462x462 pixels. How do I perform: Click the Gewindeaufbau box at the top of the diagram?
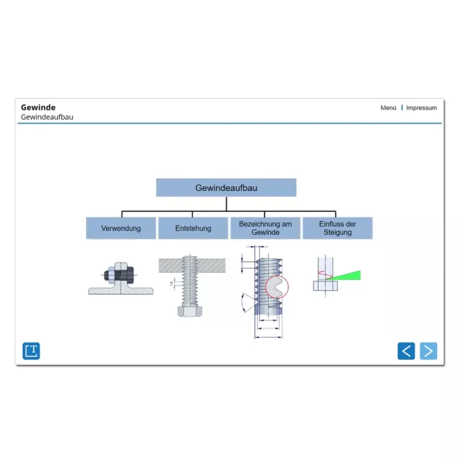(226, 188)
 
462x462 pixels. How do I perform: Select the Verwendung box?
(121, 228)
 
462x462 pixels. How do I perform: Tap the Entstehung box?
(193, 228)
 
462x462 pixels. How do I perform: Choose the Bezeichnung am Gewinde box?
(265, 228)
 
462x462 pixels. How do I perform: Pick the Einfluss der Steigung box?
(338, 228)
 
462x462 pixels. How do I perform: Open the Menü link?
(388, 108)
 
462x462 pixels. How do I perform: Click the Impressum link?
(421, 108)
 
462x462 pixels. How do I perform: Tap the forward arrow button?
(428, 351)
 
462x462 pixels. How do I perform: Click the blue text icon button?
(31, 351)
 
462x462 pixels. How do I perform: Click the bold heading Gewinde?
(38, 107)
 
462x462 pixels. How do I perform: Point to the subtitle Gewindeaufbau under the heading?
(47, 117)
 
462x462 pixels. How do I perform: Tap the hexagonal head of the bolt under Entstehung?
(190, 311)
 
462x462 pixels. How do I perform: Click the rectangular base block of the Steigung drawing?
(325, 286)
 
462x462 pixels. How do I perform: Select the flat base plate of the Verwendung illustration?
(121, 291)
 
